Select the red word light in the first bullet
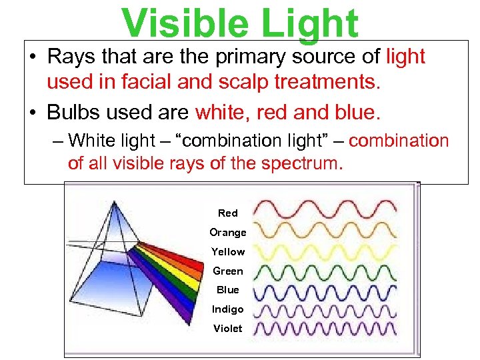click(x=405, y=57)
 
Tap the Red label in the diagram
click(x=227, y=213)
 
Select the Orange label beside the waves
click(x=227, y=233)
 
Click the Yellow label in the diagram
click(x=227, y=252)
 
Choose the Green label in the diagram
click(x=227, y=271)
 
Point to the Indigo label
click(x=227, y=309)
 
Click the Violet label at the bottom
click(x=227, y=329)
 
